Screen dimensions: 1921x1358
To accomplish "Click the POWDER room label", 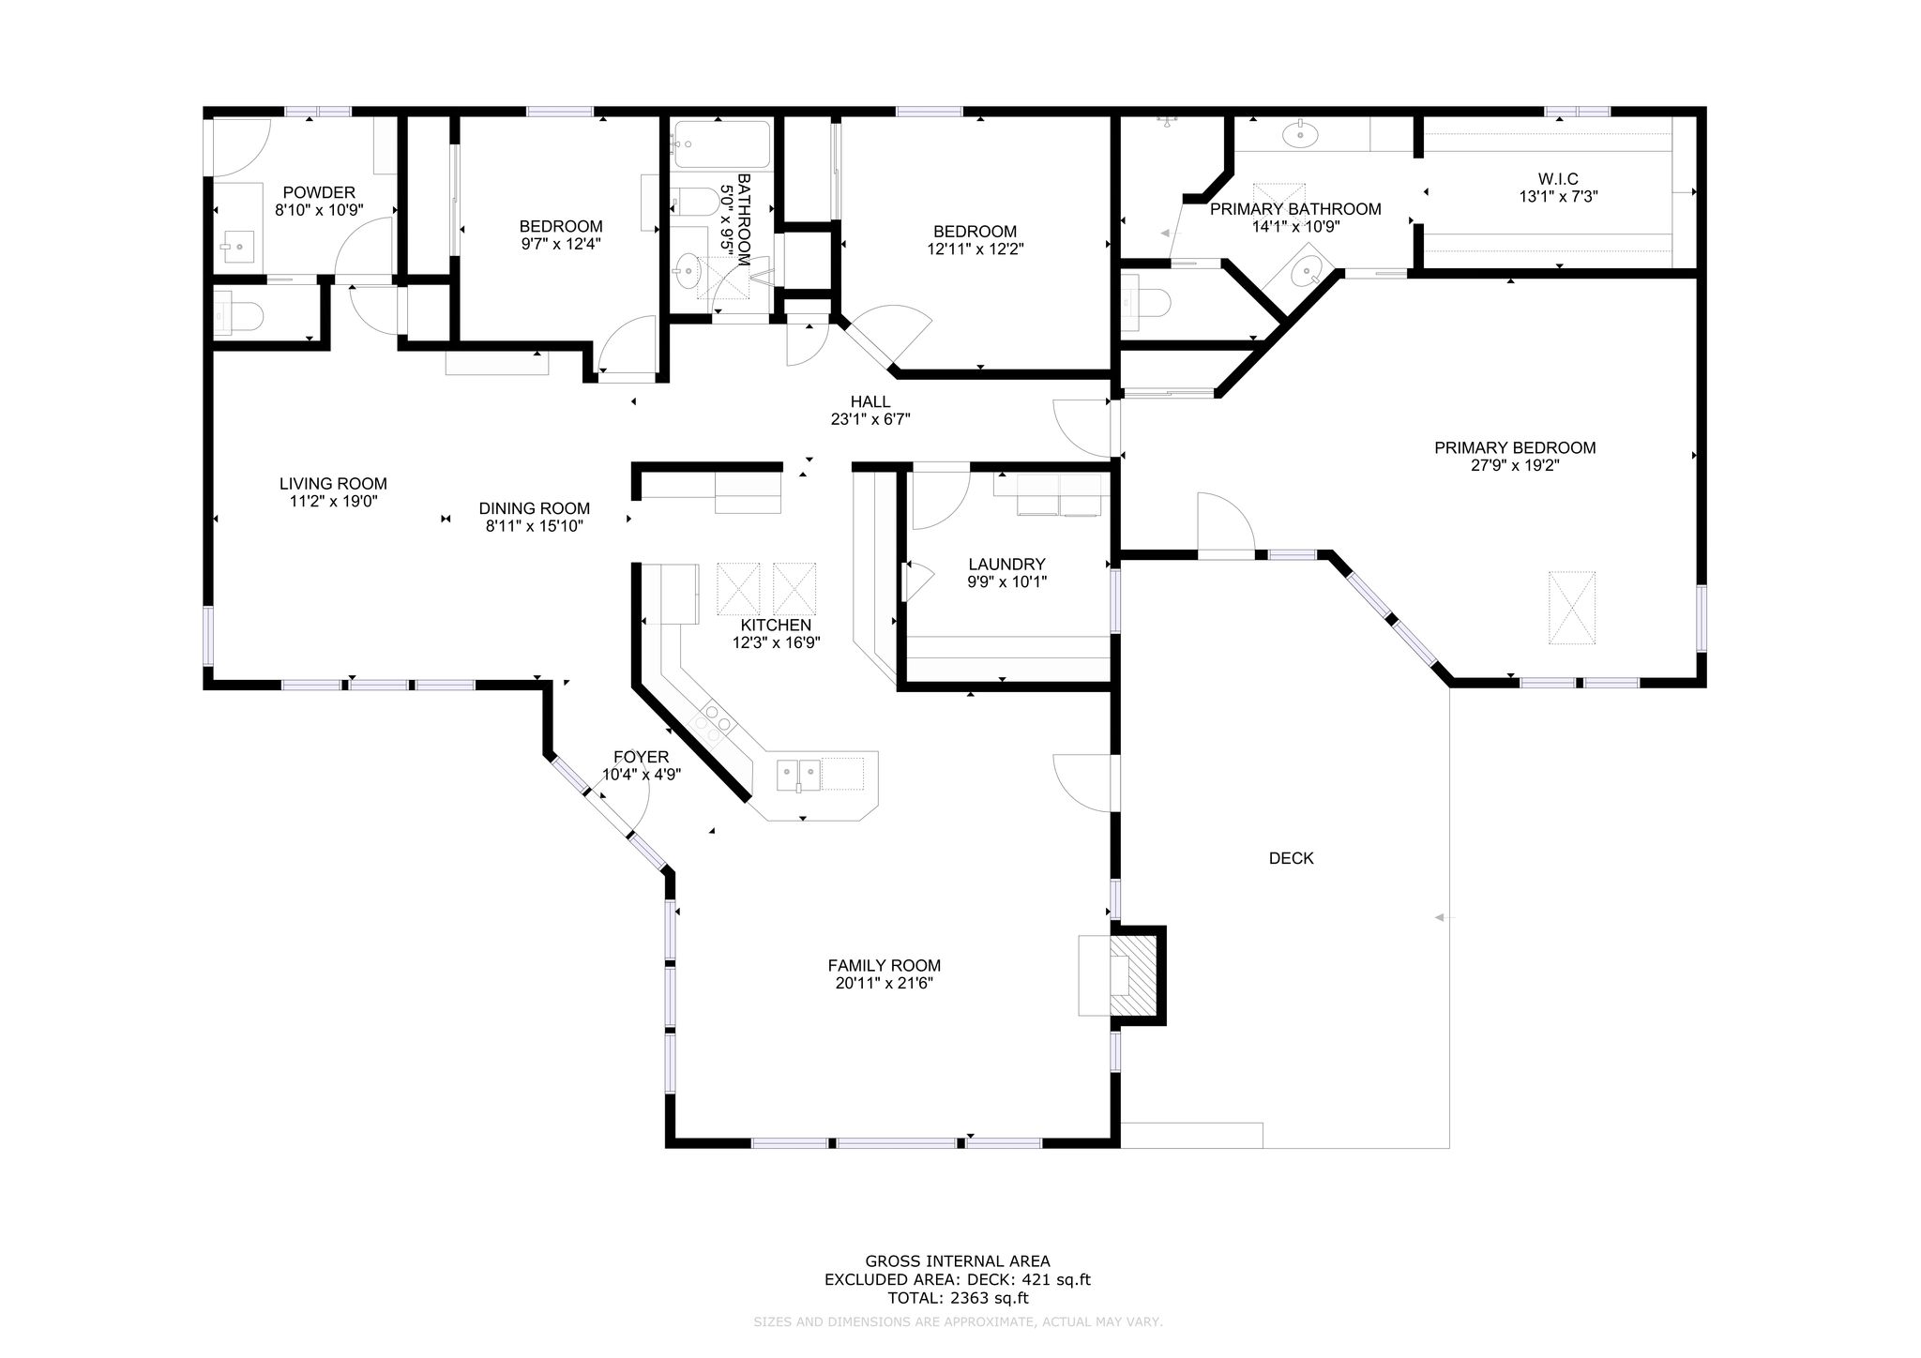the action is (319, 193).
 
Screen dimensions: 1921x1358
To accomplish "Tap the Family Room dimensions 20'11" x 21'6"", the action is (884, 984).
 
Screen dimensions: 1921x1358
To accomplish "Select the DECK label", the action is (1291, 858).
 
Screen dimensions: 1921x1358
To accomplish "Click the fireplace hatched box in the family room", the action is (1136, 974).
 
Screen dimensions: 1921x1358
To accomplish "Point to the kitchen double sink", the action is (798, 775).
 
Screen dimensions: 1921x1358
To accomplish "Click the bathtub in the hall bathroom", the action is (720, 144).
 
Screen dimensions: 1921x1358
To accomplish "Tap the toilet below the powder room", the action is (236, 313).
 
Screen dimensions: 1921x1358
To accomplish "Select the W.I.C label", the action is (1558, 179).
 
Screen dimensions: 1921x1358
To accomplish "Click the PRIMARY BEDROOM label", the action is (1515, 448).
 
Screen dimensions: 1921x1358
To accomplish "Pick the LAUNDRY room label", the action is (1006, 565).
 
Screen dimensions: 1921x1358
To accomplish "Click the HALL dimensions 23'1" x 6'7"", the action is (870, 420).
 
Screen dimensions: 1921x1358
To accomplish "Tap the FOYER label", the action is (641, 758).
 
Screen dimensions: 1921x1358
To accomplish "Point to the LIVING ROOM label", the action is (333, 484).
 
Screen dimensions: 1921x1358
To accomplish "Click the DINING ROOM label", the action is (535, 509).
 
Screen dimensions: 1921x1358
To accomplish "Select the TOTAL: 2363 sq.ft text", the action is (958, 1299).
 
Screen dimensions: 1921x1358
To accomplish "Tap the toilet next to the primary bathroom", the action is (1144, 303).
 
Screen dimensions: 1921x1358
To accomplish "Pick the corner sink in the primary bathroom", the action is (1305, 272).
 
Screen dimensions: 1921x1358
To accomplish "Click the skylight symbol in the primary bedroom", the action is (1572, 608).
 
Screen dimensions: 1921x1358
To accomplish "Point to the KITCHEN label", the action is (776, 626).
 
